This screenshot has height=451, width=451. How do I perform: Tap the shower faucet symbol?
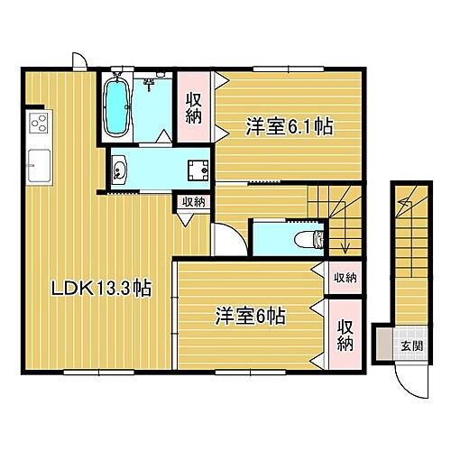[150, 85]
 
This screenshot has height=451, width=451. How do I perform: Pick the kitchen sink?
[38, 164]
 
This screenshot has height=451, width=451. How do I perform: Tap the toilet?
[308, 239]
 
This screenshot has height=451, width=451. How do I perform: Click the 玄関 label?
[410, 345]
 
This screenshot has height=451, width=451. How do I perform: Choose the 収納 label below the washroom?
[192, 203]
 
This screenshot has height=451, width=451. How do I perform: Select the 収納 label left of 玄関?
[345, 336]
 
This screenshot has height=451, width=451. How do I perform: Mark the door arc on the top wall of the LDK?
[79, 60]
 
